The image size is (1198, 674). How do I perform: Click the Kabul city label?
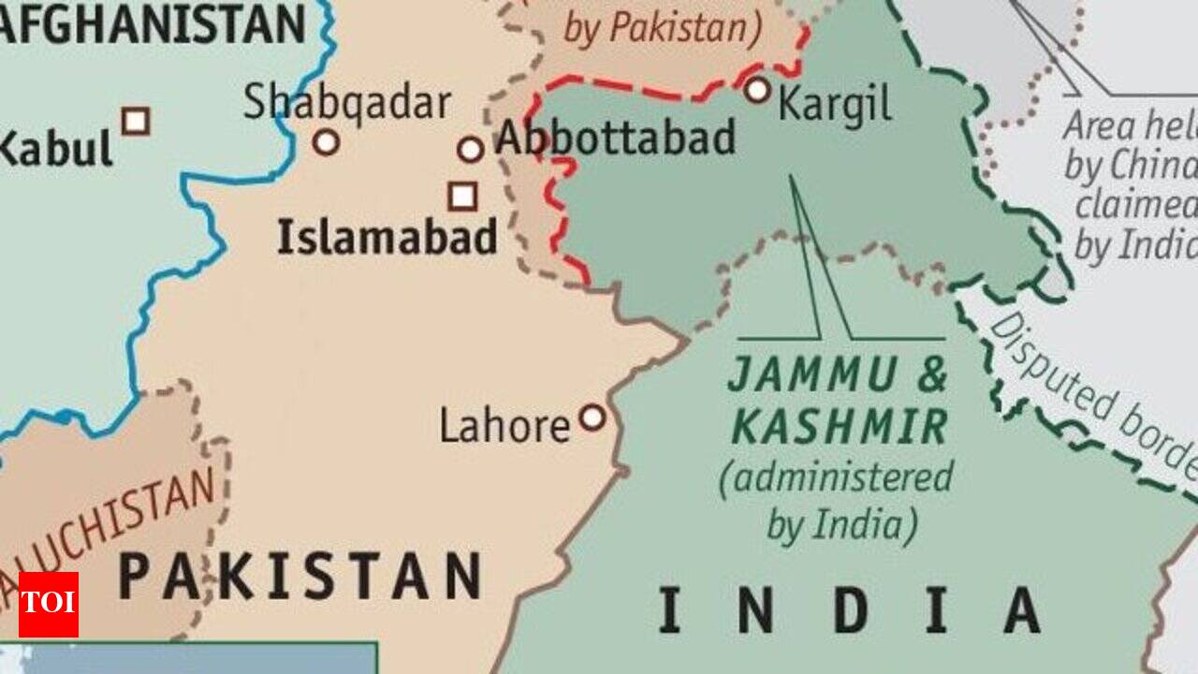[56, 148]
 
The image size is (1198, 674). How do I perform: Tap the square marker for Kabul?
[136, 121]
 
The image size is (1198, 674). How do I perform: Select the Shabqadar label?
[347, 103]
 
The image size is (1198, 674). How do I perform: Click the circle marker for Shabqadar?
[326, 142]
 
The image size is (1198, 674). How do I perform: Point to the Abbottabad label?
[615, 139]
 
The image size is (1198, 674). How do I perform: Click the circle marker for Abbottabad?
[471, 149]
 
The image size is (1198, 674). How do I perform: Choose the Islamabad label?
[387, 237]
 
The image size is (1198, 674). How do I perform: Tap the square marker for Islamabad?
[462, 196]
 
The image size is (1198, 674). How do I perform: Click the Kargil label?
[834, 105]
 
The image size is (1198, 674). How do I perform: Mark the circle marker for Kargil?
[758, 90]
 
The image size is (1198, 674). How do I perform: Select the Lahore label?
[504, 427]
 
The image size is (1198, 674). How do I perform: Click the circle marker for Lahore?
[592, 417]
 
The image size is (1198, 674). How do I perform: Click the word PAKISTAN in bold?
[299, 576]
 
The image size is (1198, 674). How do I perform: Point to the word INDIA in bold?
[849, 609]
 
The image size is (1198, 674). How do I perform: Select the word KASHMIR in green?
[840, 428]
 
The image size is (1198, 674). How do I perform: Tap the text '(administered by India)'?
[836, 502]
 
